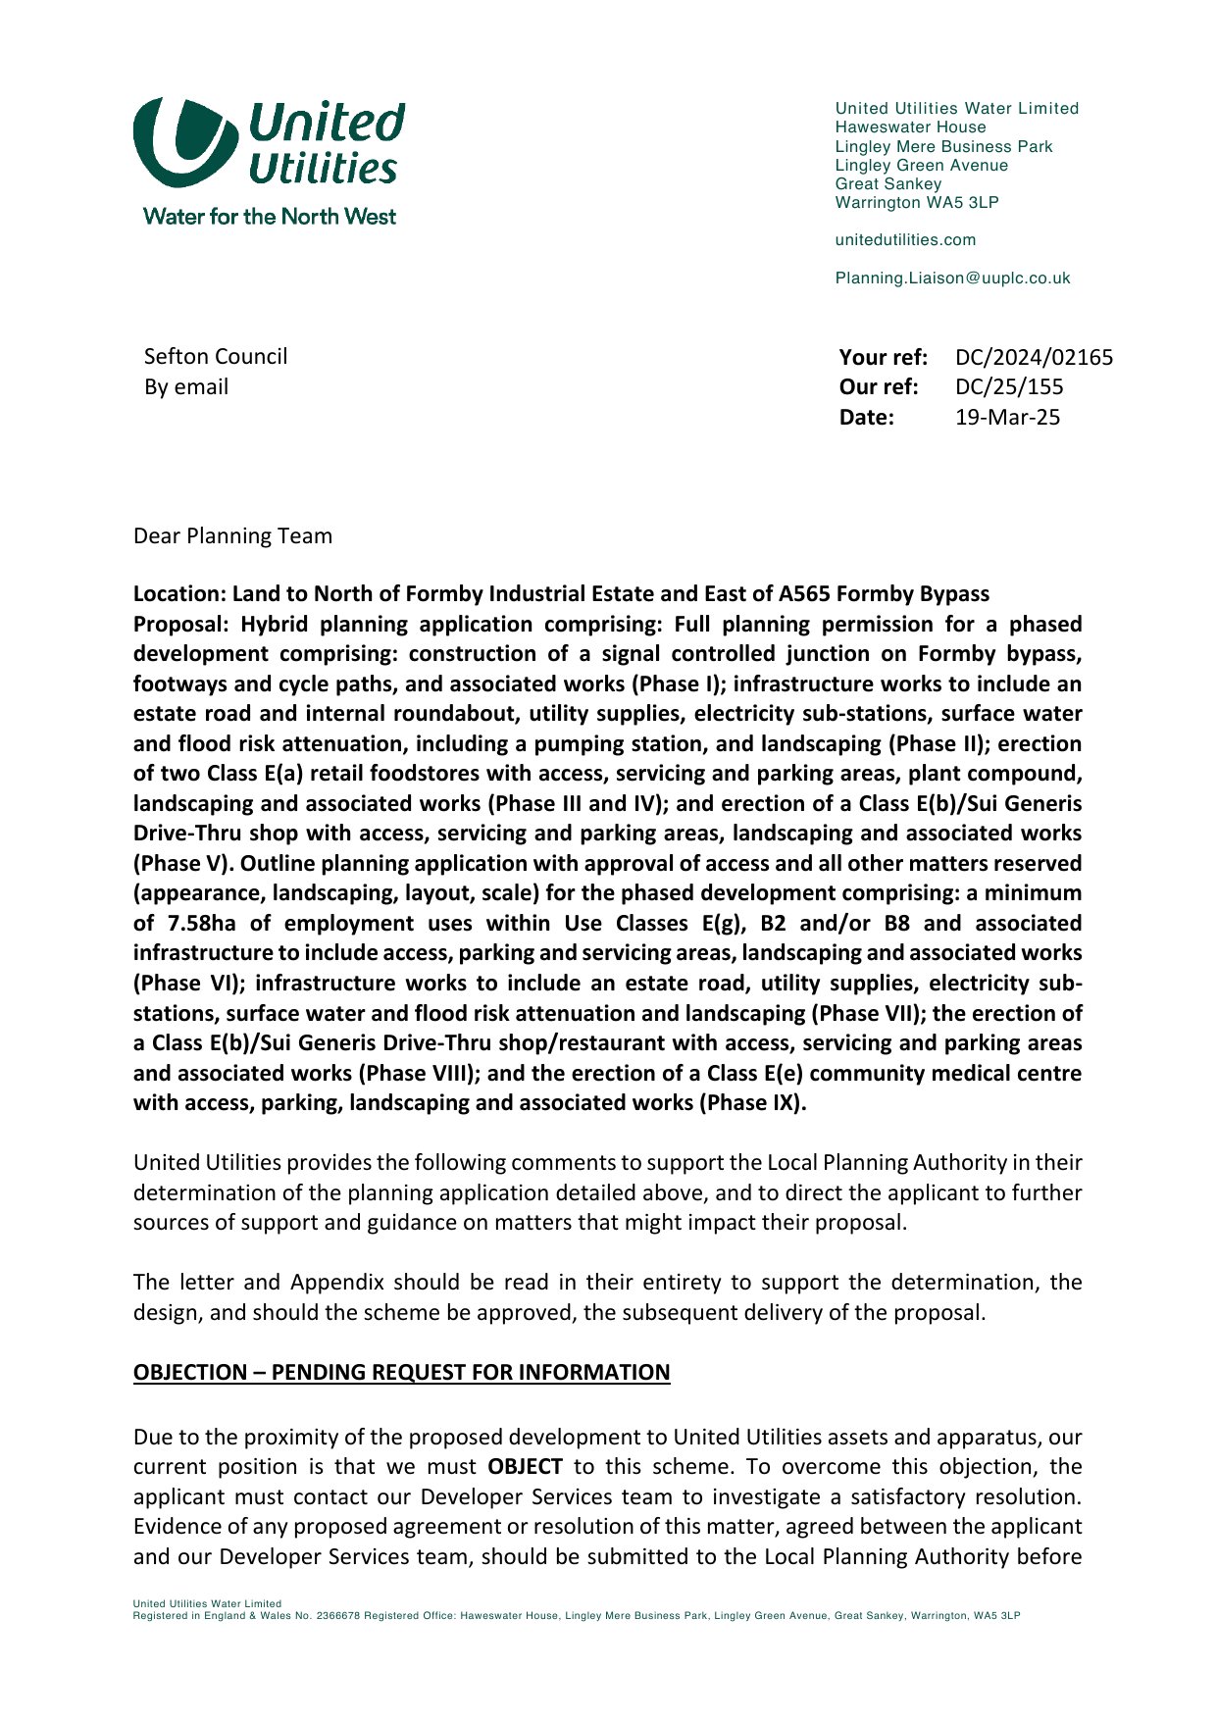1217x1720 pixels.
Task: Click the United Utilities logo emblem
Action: (185, 142)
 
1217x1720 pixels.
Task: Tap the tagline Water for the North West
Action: (270, 217)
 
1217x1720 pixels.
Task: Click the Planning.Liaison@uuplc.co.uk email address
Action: (952, 278)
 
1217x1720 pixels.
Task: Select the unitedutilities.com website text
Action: (905, 240)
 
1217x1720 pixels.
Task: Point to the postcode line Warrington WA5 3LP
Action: (916, 203)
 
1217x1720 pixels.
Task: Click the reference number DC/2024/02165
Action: (1034, 357)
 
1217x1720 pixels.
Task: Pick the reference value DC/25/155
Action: (1009, 387)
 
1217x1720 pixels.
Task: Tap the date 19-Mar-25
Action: (1007, 418)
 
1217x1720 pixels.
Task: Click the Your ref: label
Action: (883, 357)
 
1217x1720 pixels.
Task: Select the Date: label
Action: (867, 418)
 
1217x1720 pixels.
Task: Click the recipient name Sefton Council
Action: (216, 357)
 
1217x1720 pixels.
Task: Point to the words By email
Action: (186, 387)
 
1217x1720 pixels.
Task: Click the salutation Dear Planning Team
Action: (232, 536)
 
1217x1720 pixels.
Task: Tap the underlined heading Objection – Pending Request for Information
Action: (401, 1372)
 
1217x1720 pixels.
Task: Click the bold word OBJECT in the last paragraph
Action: (525, 1467)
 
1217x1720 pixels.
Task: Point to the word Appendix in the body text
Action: (328, 1283)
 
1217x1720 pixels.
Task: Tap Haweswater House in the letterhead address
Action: (910, 127)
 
